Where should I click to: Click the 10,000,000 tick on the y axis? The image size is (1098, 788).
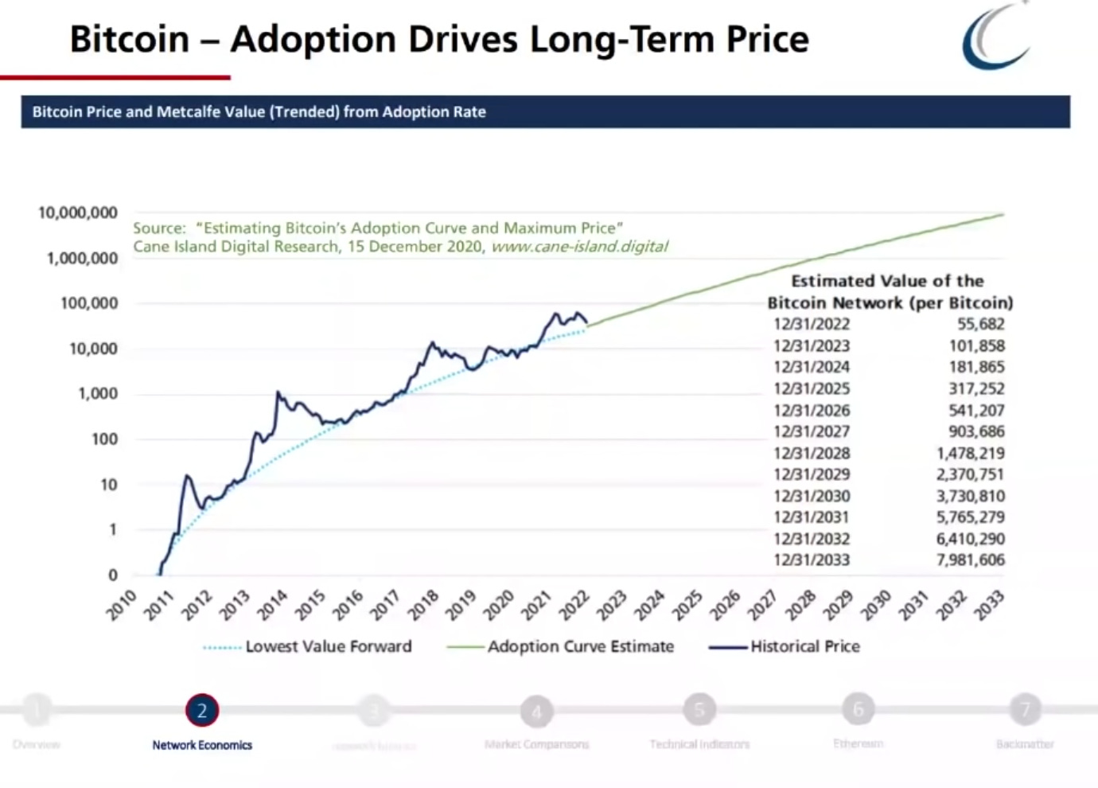click(x=78, y=213)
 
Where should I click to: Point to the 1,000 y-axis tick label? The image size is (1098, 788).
click(x=97, y=394)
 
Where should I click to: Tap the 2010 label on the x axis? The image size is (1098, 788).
click(x=122, y=605)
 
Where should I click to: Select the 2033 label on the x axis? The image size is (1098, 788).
click(x=991, y=605)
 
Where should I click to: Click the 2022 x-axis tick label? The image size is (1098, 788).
click(x=574, y=605)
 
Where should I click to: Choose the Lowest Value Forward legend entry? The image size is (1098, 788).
click(x=328, y=646)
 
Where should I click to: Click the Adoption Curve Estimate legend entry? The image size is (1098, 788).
click(x=580, y=646)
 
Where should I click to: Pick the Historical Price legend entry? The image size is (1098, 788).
click(x=804, y=646)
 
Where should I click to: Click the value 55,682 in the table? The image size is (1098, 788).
click(x=980, y=324)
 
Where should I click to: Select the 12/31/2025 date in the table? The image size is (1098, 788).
click(x=811, y=388)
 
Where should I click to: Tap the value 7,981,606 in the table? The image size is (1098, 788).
click(x=970, y=560)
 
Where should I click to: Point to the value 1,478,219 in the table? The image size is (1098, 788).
click(x=970, y=453)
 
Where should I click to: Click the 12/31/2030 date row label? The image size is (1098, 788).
click(x=811, y=496)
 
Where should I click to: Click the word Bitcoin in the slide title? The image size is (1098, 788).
click(x=130, y=39)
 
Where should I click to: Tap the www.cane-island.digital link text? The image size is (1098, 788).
click(x=579, y=247)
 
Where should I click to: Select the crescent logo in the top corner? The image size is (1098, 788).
click(x=995, y=36)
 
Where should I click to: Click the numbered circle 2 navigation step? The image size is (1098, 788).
click(x=202, y=710)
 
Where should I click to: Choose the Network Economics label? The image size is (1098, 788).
click(x=202, y=745)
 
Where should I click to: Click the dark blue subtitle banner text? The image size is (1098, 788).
click(x=259, y=112)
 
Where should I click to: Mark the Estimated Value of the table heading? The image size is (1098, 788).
click(x=887, y=281)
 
